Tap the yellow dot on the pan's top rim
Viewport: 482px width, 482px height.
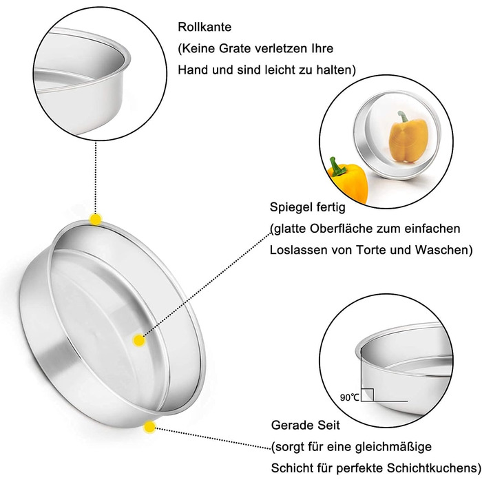coord(95,220)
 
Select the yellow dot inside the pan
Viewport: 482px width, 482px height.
coord(139,339)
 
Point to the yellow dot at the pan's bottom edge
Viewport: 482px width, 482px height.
coord(149,427)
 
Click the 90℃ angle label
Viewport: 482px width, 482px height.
coord(349,397)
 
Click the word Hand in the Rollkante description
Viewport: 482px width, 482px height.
coord(193,70)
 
